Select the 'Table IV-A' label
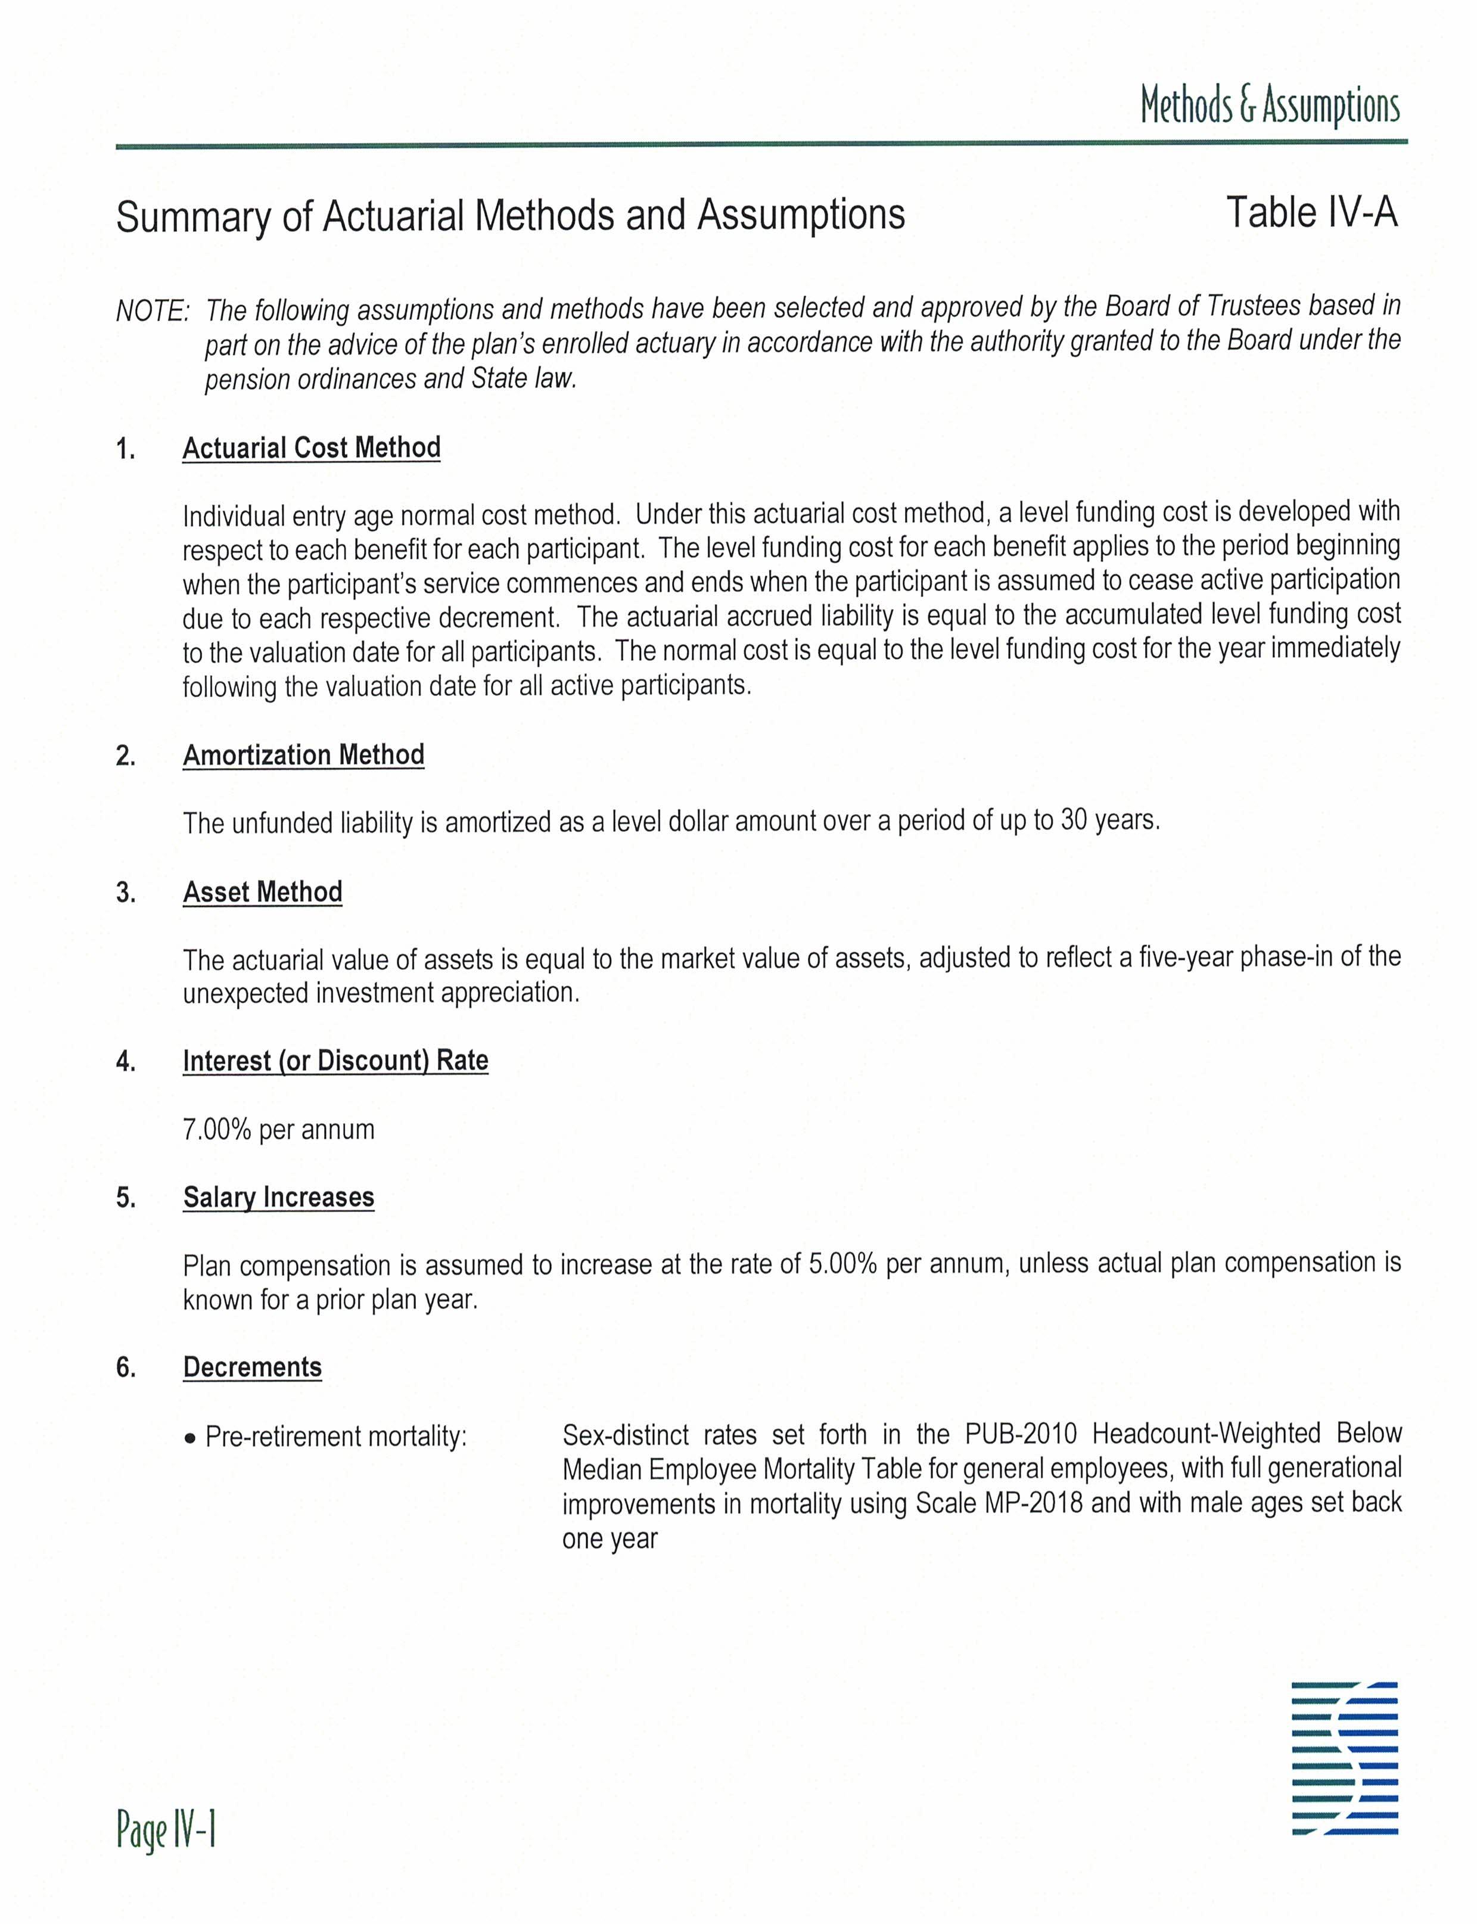click(x=1311, y=213)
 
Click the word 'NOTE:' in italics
click(x=152, y=311)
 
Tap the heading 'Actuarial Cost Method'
click(x=311, y=447)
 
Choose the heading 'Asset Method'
click(x=262, y=891)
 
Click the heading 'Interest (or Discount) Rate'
click(x=335, y=1061)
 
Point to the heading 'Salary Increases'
click(x=278, y=1197)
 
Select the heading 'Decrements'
click(x=252, y=1367)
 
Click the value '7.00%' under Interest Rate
click(x=217, y=1129)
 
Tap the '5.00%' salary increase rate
click(x=842, y=1264)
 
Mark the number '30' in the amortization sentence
click(x=1074, y=820)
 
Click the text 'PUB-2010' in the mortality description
click(x=1020, y=1434)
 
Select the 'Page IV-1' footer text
click(x=166, y=1832)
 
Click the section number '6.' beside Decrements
click(x=126, y=1368)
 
